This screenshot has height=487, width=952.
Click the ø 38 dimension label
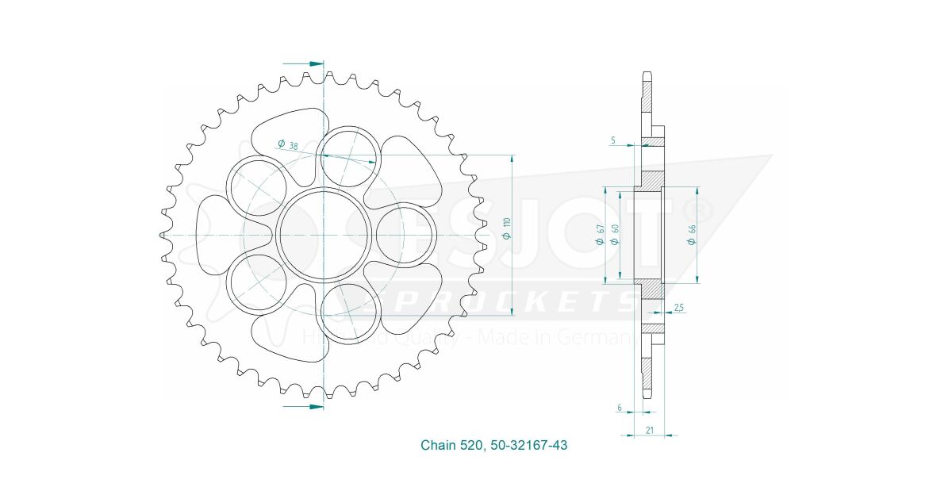click(x=288, y=145)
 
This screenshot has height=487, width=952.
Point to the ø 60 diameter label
click(x=615, y=235)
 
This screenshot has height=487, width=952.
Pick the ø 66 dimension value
click(x=691, y=235)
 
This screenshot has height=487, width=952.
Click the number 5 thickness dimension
click(x=612, y=140)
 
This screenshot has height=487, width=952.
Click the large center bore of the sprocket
click(x=324, y=236)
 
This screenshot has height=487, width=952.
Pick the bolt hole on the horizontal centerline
click(x=405, y=236)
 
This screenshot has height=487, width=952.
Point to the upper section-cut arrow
click(x=305, y=63)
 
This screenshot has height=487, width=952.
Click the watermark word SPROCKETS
click(x=492, y=302)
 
